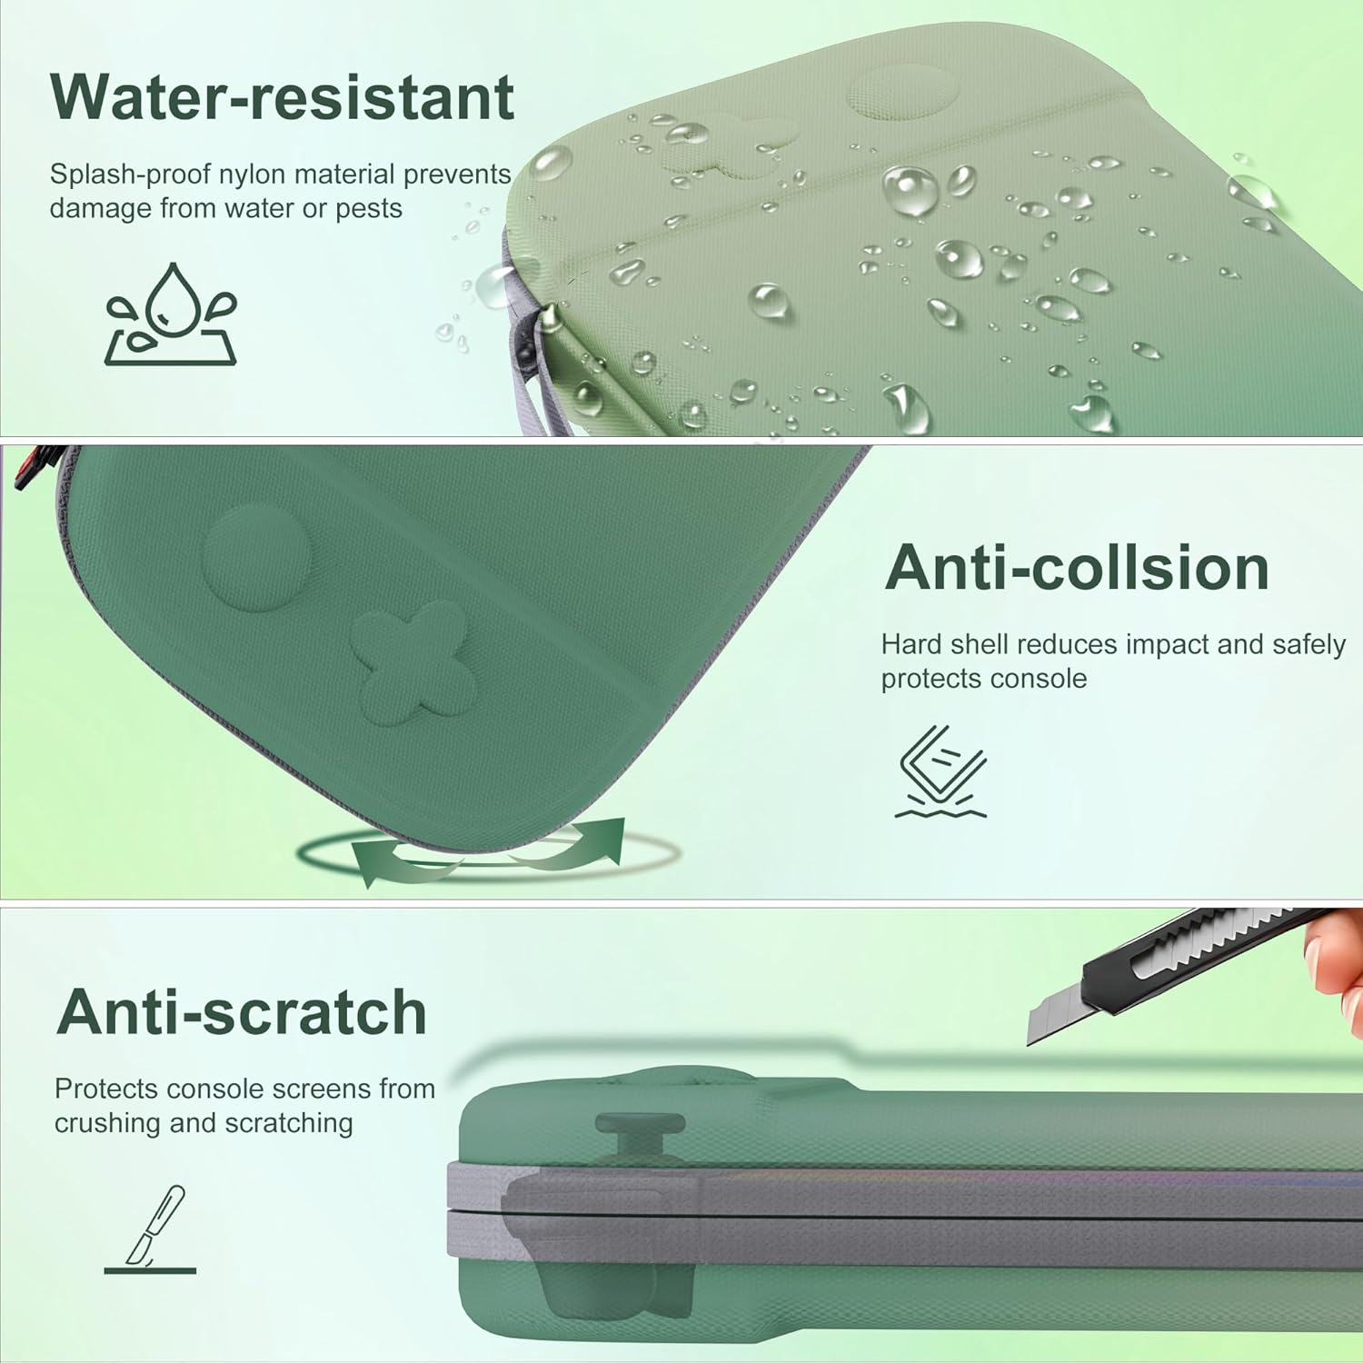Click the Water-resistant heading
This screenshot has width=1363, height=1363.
click(x=283, y=97)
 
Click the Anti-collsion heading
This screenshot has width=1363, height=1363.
click(x=1077, y=568)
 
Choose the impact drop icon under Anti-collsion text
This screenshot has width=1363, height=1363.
click(x=941, y=771)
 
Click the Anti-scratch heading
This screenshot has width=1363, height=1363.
click(x=242, y=1011)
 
